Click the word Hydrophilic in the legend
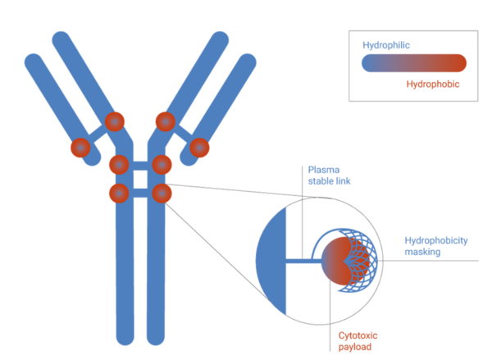coord(385,46)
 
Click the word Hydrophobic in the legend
coord(432,84)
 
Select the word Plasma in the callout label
coord(323,168)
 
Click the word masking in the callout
coord(423,253)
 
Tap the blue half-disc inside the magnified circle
coord(273,261)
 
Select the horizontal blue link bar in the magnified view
coord(300,262)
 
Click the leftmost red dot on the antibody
coord(80,148)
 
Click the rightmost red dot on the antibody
coord(199,148)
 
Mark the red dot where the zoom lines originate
coord(162,194)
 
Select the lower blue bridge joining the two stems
coord(140,194)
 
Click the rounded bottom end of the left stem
coord(125,336)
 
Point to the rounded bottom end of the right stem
coord(156,336)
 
